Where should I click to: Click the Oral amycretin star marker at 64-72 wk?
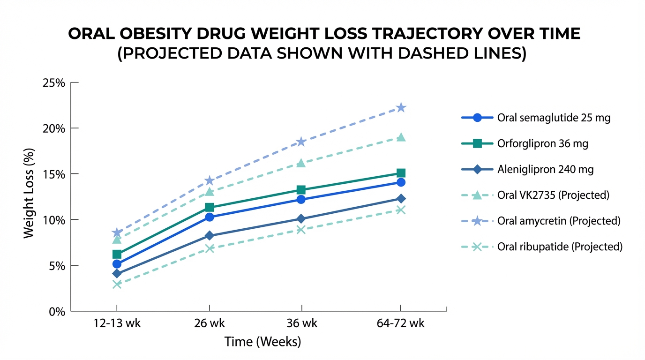click(401, 108)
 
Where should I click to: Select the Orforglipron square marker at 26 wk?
click(210, 207)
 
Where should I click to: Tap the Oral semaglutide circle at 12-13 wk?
click(117, 264)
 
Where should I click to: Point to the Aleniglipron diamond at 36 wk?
click(301, 219)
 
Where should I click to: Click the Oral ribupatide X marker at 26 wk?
click(210, 248)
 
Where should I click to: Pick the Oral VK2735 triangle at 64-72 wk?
click(401, 137)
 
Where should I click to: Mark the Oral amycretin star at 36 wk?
click(301, 142)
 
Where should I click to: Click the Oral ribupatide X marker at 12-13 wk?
click(117, 284)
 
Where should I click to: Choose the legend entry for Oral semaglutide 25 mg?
click(554, 118)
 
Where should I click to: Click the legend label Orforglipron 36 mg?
click(542, 144)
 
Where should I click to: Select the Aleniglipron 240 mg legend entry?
click(545, 170)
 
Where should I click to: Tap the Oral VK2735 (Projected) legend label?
click(553, 195)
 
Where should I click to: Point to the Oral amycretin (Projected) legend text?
click(559, 221)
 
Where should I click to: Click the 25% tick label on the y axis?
click(54, 83)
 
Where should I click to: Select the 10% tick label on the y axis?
click(54, 220)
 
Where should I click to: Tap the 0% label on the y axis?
click(57, 311)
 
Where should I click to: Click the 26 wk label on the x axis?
click(210, 323)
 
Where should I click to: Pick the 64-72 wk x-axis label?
click(401, 323)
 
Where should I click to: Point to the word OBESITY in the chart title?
click(155, 34)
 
